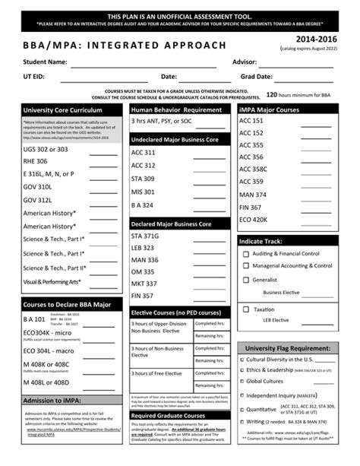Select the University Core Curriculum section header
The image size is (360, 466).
tap(61, 110)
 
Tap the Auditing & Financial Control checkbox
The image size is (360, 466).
tap(245, 253)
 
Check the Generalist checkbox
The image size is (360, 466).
tap(245, 279)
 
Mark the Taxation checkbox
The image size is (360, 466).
tap(245, 309)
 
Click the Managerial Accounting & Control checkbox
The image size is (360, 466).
tap(245, 266)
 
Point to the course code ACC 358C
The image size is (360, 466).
tap(253, 170)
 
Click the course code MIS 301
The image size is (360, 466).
tap(142, 192)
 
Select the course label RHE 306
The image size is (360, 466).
tap(35, 162)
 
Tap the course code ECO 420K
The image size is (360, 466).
tap(253, 220)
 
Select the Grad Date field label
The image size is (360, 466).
tap(256, 77)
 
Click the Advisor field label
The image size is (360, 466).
tap(245, 62)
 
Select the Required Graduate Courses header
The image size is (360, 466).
tap(167, 416)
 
